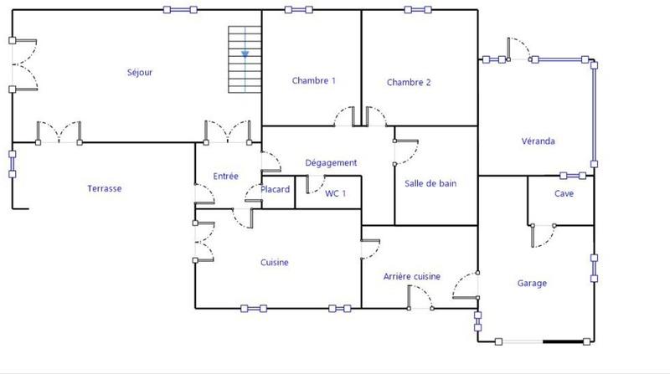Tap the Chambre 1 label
313,81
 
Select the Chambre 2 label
409,82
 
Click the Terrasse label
105,189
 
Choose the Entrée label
225,177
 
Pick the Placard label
275,190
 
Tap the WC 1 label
336,192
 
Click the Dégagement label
332,162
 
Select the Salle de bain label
430,184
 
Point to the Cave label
564,193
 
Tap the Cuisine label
274,263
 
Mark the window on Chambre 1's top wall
298,10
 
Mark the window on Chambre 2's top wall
419,10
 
